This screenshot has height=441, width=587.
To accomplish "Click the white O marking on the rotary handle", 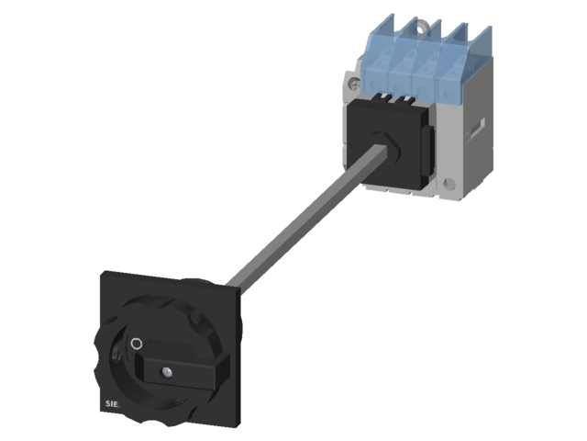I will point(137,344).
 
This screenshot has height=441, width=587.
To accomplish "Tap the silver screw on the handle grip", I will point(167,372).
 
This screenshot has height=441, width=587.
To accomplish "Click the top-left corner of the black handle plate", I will point(103,273).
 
